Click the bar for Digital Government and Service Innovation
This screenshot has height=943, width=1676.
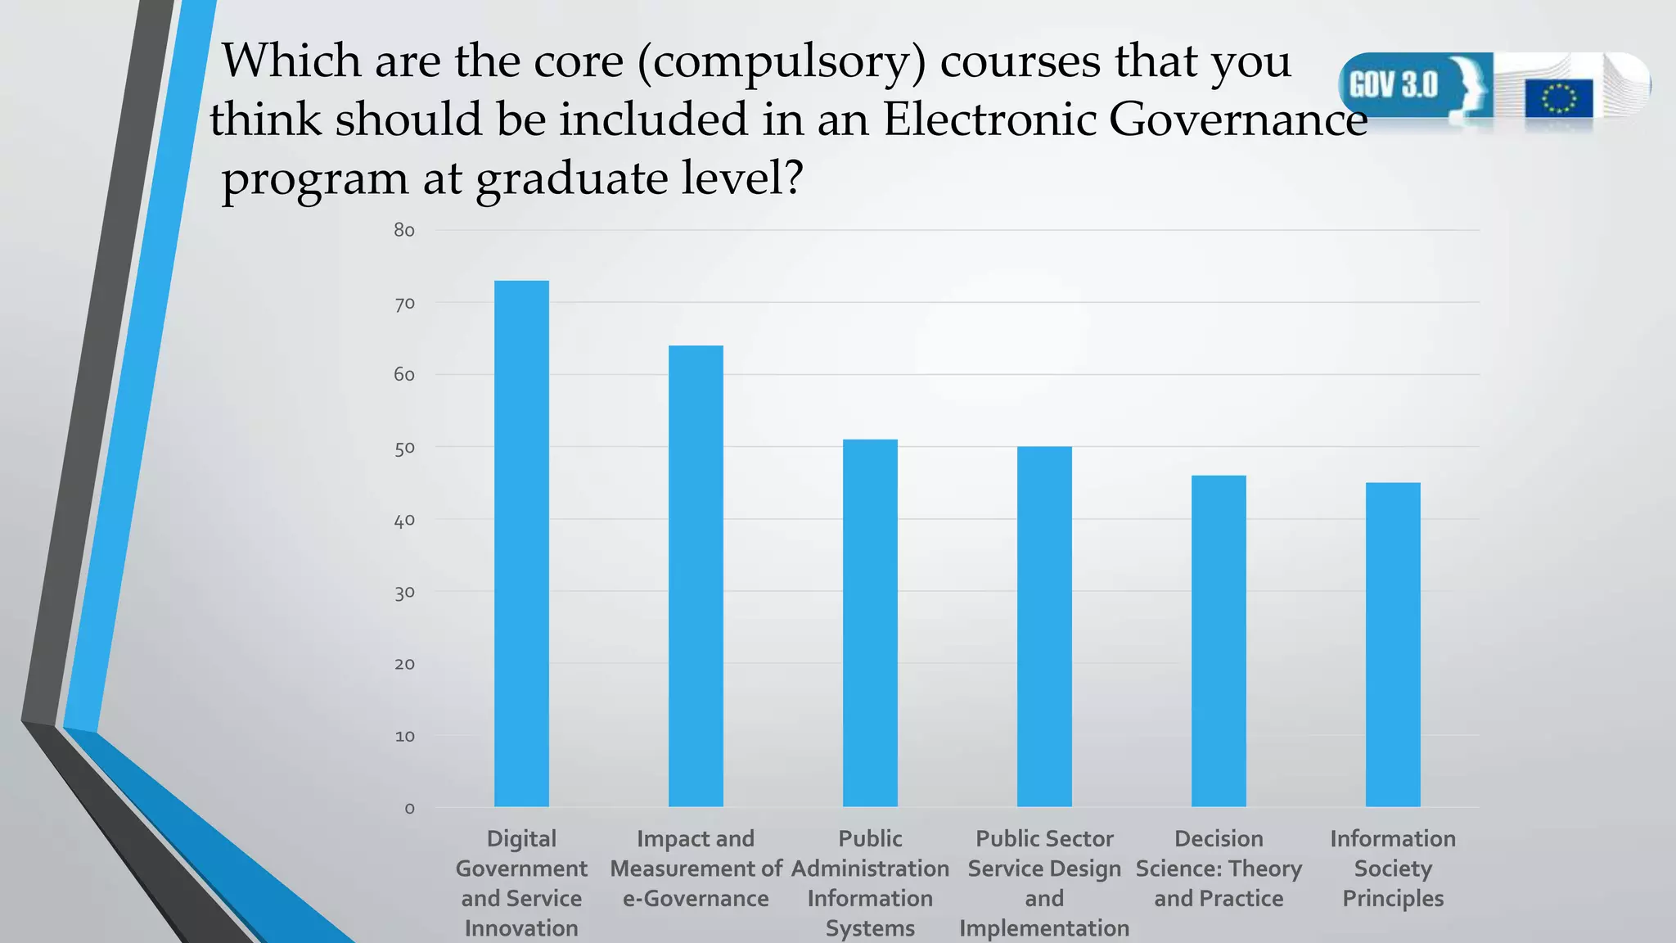(521, 544)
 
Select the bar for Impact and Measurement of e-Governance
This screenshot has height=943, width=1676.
(696, 576)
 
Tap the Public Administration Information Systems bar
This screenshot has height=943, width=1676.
(870, 623)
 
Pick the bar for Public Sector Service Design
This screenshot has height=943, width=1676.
(1044, 626)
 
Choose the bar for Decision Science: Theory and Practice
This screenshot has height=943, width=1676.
(1219, 641)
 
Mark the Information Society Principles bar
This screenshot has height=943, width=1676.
(1393, 644)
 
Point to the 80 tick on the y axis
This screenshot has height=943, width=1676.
(404, 231)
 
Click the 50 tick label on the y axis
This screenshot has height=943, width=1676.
(404, 449)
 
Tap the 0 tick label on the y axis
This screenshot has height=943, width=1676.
(409, 809)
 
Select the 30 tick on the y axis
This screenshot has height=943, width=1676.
(404, 593)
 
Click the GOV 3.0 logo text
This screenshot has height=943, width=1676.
(1393, 85)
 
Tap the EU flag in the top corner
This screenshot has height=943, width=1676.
(1558, 99)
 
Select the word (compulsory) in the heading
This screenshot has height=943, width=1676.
(782, 62)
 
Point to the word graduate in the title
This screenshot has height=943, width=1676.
(572, 178)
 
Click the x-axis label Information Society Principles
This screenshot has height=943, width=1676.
(1393, 869)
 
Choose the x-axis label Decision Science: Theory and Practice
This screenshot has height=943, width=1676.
(1219, 869)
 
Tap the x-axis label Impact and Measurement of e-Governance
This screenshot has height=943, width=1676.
(696, 869)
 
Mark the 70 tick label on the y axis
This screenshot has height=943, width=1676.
(404, 304)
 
